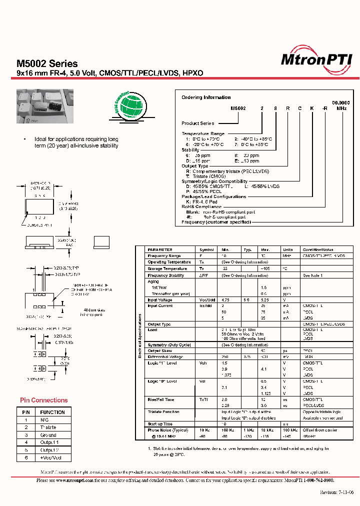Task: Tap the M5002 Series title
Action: [x=47, y=63]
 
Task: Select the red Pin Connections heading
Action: [x=44, y=400]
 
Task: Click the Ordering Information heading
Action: [x=206, y=97]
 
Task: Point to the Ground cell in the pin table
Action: [x=48, y=435]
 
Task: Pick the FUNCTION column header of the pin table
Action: [x=53, y=412]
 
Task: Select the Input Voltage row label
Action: [x=160, y=300]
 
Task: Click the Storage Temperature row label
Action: [x=167, y=268]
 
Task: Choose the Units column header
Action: [x=288, y=249]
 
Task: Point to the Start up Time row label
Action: [x=159, y=423]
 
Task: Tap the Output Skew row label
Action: [x=159, y=350]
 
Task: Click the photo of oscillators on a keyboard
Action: [x=45, y=106]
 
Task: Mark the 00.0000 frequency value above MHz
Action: [x=341, y=102]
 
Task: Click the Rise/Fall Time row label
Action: [x=161, y=399]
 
